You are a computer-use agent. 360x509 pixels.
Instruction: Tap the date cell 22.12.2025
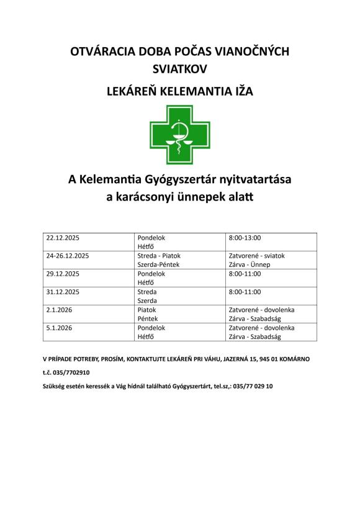tap(65, 238)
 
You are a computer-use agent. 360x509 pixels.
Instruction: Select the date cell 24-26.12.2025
tap(68, 256)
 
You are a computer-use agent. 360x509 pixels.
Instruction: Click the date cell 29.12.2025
tap(65, 274)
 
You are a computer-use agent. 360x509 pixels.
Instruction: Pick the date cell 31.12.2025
tap(65, 292)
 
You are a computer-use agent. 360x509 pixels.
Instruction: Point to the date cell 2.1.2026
tap(60, 309)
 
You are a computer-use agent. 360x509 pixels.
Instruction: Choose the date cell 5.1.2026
tap(60, 327)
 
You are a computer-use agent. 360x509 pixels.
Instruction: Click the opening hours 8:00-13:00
tap(245, 238)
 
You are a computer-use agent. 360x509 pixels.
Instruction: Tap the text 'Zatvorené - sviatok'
tap(257, 256)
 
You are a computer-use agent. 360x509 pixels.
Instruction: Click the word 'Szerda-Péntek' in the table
tap(157, 264)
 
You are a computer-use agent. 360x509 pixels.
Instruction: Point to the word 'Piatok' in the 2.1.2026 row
tap(146, 309)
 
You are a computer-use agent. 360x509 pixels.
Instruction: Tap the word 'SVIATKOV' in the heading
tap(179, 69)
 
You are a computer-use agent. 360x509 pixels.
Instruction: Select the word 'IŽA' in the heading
tap(242, 91)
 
